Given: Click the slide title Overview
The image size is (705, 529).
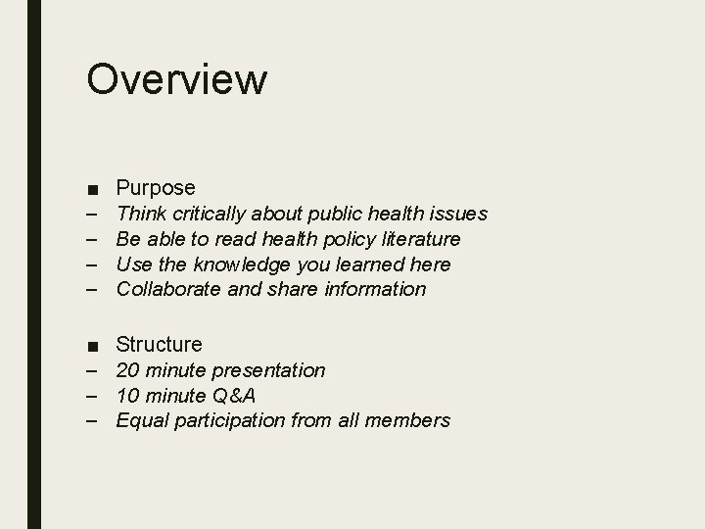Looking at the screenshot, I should tap(176, 78).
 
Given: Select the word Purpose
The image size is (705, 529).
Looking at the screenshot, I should tap(156, 187).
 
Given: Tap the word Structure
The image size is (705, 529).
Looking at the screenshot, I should tap(159, 344).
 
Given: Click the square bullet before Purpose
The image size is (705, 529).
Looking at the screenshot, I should tap(92, 188).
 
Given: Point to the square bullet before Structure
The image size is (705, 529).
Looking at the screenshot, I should tap(92, 345).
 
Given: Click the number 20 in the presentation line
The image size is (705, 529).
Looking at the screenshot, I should tap(127, 370).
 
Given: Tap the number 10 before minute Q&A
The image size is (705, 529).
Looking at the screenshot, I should tap(127, 396).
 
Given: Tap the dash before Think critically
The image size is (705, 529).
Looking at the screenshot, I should tap(91, 214).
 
